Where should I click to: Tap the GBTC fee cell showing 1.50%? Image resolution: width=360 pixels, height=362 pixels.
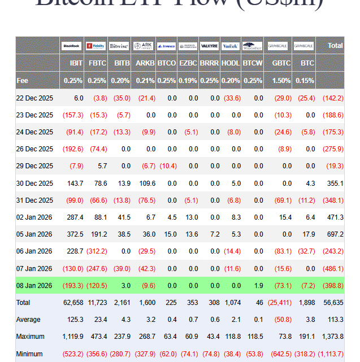281,81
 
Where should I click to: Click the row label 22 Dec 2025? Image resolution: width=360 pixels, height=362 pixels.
34,98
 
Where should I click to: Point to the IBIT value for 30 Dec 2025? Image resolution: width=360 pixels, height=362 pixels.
75,184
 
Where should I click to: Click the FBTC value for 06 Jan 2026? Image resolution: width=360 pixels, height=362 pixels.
97,251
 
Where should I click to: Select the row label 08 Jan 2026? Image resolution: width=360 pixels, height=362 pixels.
34,286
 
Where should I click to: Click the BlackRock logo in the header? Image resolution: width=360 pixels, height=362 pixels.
72,45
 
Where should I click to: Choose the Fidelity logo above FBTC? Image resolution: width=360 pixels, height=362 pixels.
96,45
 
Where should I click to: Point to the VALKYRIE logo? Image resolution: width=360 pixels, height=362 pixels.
209,45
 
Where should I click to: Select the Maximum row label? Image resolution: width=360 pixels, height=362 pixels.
29,337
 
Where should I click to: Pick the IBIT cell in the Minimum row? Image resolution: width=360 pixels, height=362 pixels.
72,354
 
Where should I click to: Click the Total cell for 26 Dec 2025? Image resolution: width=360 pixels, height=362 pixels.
333,149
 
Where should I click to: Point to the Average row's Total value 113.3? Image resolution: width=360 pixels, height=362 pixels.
335,320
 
